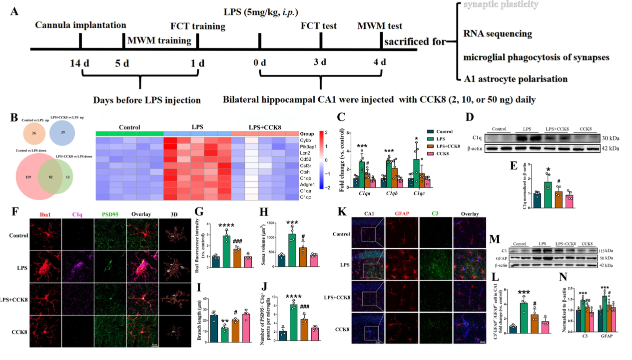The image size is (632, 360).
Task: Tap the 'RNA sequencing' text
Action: pos(498,34)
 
